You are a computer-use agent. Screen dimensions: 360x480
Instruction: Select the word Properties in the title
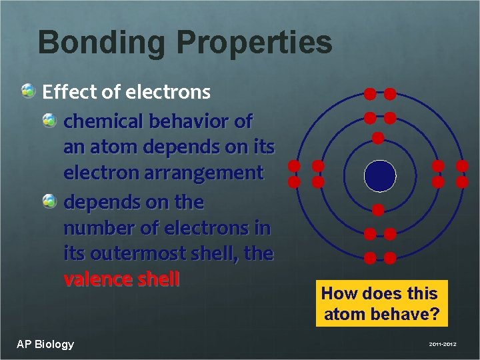point(254,42)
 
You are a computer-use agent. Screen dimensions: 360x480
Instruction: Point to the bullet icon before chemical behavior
point(50,121)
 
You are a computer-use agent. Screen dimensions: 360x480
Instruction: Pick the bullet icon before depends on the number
point(50,201)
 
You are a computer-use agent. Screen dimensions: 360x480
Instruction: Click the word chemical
point(103,121)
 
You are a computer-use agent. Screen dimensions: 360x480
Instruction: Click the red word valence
point(97,279)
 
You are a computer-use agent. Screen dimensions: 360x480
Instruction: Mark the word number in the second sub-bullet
point(97,228)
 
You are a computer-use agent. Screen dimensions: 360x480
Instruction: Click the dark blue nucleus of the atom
point(380,176)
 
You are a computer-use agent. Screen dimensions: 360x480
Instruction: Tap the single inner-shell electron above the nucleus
point(378,139)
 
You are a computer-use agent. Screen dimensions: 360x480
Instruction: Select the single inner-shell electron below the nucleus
point(378,211)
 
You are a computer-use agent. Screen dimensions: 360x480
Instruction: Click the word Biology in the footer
point(54,344)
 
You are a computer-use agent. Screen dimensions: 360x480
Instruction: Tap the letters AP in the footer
point(24,344)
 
